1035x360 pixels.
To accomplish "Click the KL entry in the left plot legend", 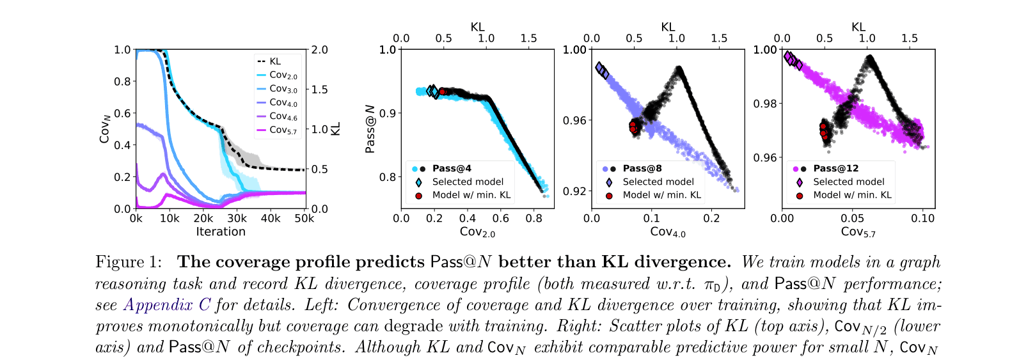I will click(x=275, y=61).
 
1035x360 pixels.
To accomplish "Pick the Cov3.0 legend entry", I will click(x=283, y=89).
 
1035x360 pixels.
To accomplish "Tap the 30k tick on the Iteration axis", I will click(x=237, y=219).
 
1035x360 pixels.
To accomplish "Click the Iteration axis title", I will click(x=221, y=231).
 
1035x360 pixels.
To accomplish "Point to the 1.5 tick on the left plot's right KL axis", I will click(x=320, y=90).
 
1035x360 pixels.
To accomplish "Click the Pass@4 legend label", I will click(x=452, y=168).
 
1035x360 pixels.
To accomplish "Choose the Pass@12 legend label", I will click(x=835, y=168).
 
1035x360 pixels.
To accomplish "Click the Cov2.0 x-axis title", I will click(x=477, y=232).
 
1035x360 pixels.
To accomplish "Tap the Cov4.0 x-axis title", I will click(x=668, y=232).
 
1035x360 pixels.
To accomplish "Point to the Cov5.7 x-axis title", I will click(x=858, y=232).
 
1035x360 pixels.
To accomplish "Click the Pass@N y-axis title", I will click(x=370, y=129).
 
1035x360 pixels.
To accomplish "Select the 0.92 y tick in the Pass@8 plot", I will click(x=574, y=191).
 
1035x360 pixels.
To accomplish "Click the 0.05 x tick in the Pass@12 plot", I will click(x=852, y=219).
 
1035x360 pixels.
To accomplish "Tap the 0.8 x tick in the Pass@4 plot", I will click(x=534, y=219).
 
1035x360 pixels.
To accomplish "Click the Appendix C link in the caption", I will click(x=167, y=304).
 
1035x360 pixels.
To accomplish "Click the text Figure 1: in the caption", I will click(x=129, y=262).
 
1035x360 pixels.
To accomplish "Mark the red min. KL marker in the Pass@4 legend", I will click(x=418, y=196).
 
